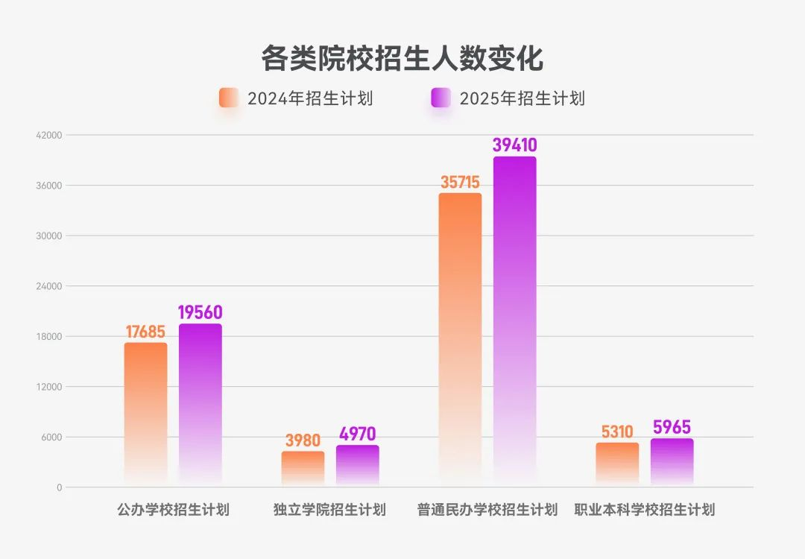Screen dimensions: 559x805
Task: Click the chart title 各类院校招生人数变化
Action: [x=402, y=58]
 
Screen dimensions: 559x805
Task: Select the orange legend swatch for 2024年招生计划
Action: [x=229, y=98]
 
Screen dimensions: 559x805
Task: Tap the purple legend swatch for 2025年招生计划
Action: [x=441, y=98]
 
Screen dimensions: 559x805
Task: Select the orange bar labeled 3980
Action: [x=303, y=468]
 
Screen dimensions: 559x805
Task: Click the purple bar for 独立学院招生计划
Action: [x=357, y=465]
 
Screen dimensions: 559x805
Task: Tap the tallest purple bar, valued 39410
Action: [x=514, y=320]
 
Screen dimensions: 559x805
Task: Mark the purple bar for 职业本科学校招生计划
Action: [x=672, y=461]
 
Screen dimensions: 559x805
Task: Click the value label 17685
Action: [x=145, y=331]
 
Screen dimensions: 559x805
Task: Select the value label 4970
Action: [x=357, y=434]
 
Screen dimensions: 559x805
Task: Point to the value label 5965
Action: [x=672, y=427]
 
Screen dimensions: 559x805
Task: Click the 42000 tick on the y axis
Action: [x=51, y=135]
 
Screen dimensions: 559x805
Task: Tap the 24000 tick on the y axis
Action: [x=51, y=286]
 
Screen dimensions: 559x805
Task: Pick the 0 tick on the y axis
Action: [x=59, y=487]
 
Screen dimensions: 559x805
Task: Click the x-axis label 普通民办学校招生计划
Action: [x=487, y=511]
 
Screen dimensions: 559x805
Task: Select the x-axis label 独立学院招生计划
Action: [x=329, y=511]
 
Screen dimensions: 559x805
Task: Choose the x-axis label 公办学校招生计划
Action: [x=173, y=511]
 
